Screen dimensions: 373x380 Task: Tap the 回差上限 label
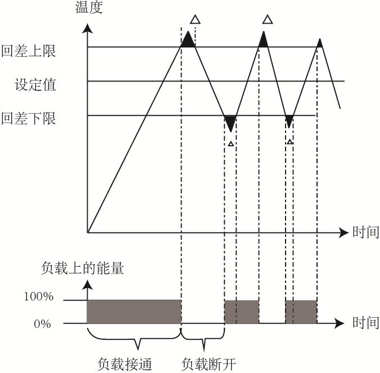[x=29, y=51]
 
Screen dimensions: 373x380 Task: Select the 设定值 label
[x=36, y=85]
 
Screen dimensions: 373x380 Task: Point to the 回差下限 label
[x=29, y=119]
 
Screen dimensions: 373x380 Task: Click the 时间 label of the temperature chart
[x=365, y=232]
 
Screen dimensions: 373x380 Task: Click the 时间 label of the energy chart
[x=365, y=323]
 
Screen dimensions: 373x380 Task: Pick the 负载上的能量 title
[x=83, y=268]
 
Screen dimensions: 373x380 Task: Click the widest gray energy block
[x=134, y=312]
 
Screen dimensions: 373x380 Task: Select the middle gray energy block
[x=242, y=312]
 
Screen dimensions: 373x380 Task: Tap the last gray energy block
[x=301, y=312]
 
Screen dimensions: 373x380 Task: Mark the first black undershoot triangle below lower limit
[x=230, y=122]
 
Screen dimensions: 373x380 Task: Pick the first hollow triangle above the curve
[x=194, y=20]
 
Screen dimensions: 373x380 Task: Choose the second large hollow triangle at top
[x=268, y=20]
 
